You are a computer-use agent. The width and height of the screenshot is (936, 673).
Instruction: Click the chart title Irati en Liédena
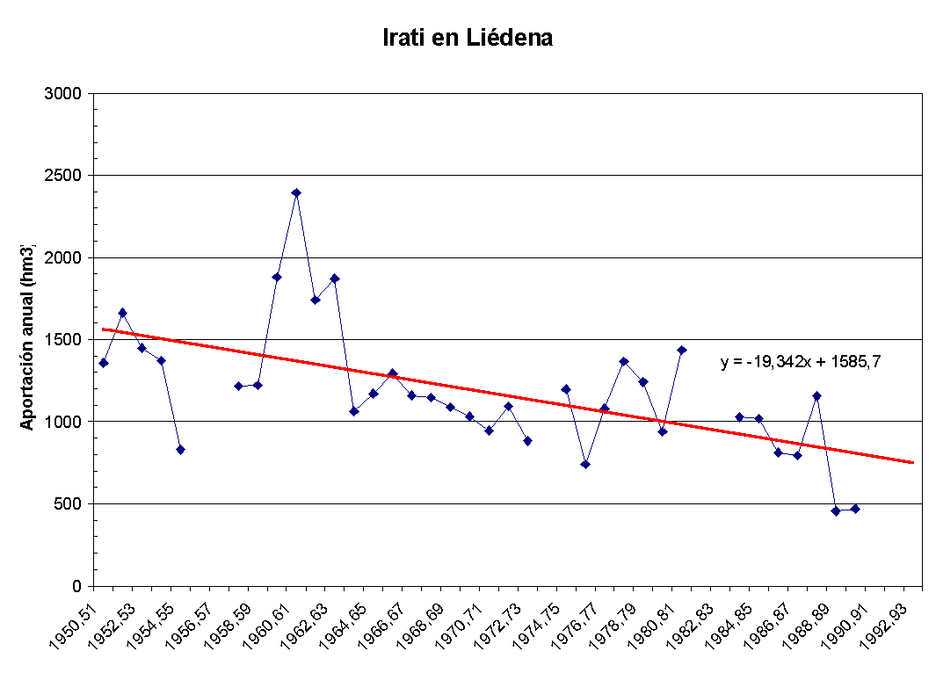468,39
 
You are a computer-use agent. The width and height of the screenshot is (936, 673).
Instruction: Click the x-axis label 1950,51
76,623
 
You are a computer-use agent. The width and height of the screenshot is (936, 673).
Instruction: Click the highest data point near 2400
296,192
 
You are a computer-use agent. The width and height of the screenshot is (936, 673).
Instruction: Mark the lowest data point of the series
836,510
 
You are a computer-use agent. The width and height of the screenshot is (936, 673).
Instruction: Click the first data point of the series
104,363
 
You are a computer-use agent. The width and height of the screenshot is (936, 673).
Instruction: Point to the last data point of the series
855,509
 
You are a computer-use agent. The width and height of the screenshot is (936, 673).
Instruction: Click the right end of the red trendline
913,462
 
